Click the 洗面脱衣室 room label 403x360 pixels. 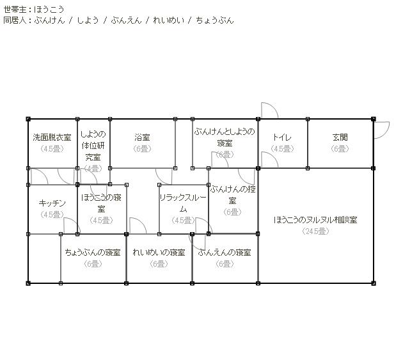pyautogui.click(x=52, y=137)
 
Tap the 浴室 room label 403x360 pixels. pyautogui.click(x=142, y=137)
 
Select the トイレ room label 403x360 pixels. pyautogui.click(x=282, y=137)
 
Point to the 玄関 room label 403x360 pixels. pyautogui.click(x=340, y=137)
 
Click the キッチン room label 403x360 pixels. pyautogui.click(x=52, y=203)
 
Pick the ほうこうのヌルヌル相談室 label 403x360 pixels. pyautogui.click(x=315, y=220)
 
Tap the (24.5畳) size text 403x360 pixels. pyautogui.click(x=315, y=231)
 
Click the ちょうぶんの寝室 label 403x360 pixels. pyautogui.click(x=93, y=253)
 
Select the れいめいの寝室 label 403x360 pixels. pyautogui.click(x=159, y=253)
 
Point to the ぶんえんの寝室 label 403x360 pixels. pyautogui.click(x=225, y=253)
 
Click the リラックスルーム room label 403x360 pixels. pyautogui.click(x=183, y=203)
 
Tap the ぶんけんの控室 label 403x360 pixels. pyautogui.click(x=233, y=195)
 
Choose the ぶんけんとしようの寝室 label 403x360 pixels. pyautogui.click(x=225, y=137)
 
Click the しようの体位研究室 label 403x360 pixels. pyautogui.click(x=93, y=145)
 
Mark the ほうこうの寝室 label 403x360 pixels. pyautogui.click(x=101, y=203)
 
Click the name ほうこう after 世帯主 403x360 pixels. pyautogui.click(x=49, y=10)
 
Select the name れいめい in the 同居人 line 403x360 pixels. pyautogui.click(x=169, y=20)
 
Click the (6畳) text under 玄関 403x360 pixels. pyautogui.click(x=340, y=148)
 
